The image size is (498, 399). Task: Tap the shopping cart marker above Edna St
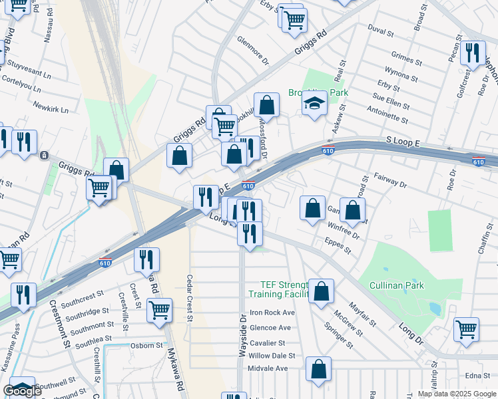pos(467,328)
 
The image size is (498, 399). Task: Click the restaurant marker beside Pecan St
pos(473,52)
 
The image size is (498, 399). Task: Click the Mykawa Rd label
pos(175,372)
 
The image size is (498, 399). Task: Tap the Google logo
pos(22,391)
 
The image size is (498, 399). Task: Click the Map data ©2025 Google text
pos(457,394)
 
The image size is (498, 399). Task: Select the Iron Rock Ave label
pos(272,313)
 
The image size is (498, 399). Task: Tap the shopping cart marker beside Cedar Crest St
pos(159,309)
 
